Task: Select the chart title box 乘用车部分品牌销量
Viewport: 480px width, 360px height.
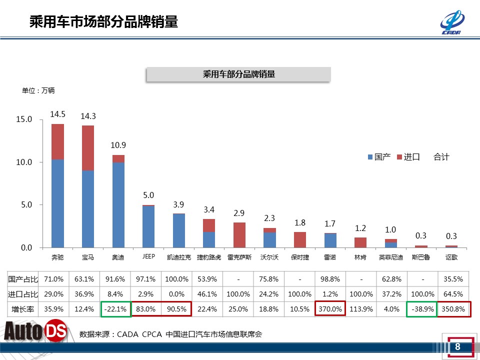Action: [238, 74]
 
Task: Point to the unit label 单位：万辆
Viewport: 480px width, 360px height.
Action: [38, 91]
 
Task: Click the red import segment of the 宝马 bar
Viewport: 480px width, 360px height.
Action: [88, 148]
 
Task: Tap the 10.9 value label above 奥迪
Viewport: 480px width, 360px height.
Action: [118, 145]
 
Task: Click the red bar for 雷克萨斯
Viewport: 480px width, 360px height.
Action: [239, 235]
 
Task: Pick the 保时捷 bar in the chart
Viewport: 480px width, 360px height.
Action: [300, 240]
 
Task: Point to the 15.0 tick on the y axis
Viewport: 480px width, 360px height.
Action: [24, 120]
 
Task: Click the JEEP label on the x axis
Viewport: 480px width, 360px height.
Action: [148, 256]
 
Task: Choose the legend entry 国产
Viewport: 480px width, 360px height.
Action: [379, 157]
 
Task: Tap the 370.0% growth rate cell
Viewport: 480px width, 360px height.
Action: [330, 309]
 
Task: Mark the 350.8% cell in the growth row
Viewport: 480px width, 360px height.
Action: [452, 309]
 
